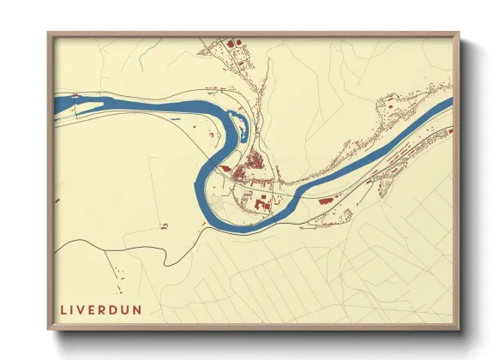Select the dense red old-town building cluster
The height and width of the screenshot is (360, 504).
[254, 160]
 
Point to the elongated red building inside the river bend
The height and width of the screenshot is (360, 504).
[227, 169]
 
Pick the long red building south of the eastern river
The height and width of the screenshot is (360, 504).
[326, 199]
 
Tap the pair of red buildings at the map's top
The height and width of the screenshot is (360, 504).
[233, 42]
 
